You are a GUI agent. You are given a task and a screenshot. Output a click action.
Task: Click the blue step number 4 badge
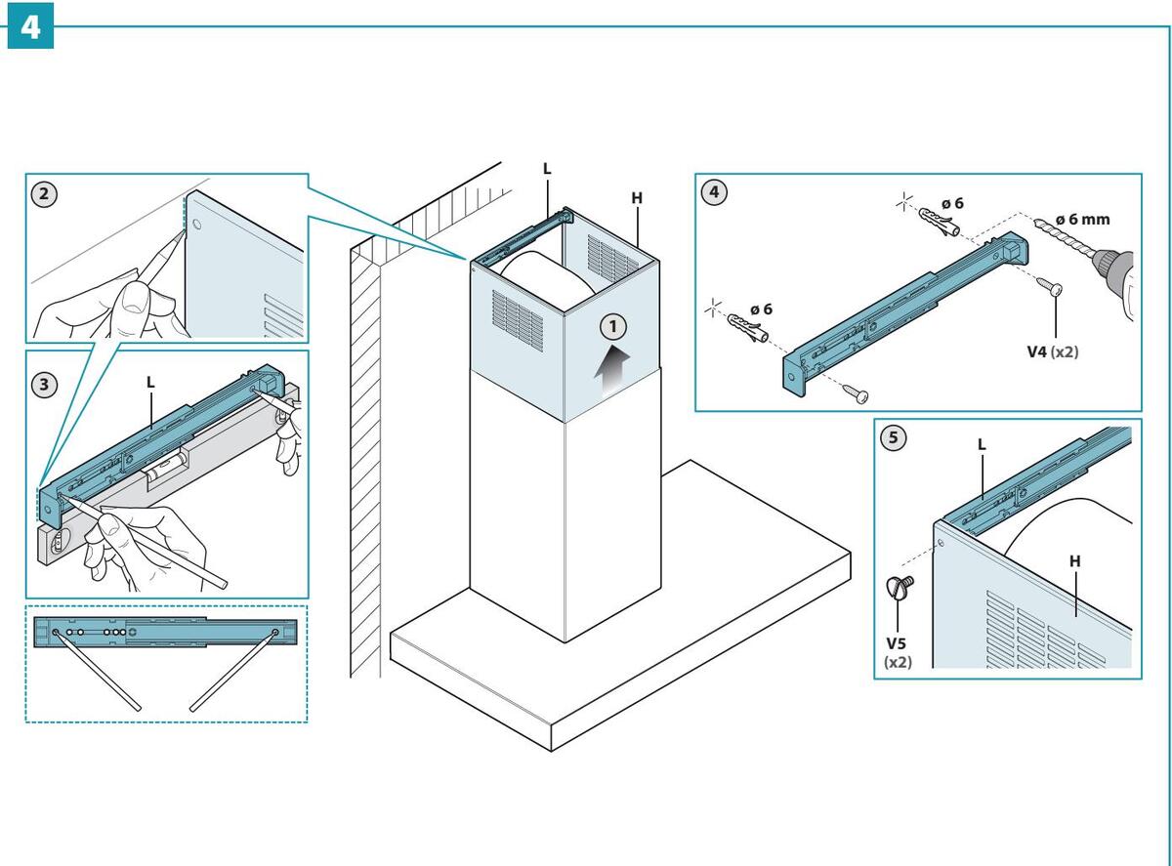tap(30, 26)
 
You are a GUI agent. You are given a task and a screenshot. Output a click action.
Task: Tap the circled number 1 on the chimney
tap(613, 326)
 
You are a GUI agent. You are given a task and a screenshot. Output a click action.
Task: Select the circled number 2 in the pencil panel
tap(44, 194)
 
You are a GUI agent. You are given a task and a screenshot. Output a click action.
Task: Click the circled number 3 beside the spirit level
tap(44, 384)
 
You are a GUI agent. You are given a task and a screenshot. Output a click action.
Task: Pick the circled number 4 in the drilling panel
tap(714, 191)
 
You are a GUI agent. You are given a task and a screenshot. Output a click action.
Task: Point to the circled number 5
tap(894, 437)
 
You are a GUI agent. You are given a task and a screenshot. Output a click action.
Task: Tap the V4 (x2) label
tap(1052, 351)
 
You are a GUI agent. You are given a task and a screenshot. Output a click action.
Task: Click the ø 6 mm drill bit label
tap(1083, 220)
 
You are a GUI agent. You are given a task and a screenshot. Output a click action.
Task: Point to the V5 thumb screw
tap(899, 586)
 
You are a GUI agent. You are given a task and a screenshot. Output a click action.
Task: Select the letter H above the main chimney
tap(637, 198)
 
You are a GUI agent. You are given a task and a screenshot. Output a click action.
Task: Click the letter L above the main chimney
tap(547, 169)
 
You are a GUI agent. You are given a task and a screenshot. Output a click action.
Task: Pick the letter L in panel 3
tap(150, 382)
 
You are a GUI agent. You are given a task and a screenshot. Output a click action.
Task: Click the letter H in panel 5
tap(1074, 561)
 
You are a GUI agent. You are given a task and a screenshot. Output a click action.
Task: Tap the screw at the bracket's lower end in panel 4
tap(855, 393)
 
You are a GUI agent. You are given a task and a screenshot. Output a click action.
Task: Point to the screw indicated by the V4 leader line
tap(1049, 286)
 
